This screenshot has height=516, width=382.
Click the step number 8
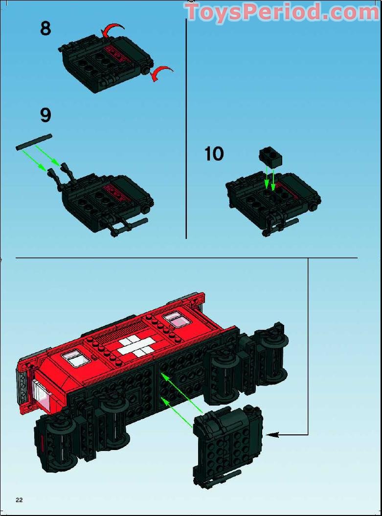[45, 28]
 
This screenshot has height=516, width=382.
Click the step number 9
[46, 115]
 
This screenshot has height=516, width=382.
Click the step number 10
[214, 154]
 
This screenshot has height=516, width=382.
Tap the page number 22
[19, 500]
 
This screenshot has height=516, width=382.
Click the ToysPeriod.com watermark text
[283, 12]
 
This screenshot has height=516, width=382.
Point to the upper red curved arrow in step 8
[112, 29]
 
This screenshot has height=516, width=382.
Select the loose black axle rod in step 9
[34, 142]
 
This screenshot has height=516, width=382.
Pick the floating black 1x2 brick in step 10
[270, 155]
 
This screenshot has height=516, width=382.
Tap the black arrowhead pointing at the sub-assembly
[272, 435]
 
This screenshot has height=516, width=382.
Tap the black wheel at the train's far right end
[271, 352]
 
